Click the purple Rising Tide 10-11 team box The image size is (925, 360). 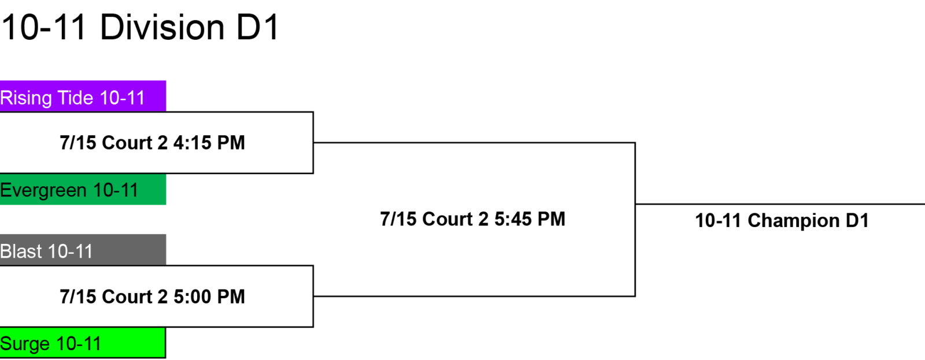tap(83, 96)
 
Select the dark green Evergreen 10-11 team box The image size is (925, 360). tap(83, 189)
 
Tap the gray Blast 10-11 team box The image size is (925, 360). tap(83, 250)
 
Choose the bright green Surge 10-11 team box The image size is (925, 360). tap(83, 343)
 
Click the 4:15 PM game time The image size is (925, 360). tap(209, 143)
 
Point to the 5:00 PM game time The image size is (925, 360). tap(209, 297)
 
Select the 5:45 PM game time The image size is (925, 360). tap(530, 219)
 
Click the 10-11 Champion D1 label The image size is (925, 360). tap(782, 221)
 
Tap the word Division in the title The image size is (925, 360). tap(162, 28)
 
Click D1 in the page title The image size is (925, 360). tap(257, 28)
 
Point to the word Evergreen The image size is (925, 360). tap(43, 191)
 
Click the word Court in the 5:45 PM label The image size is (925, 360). tap(449, 219)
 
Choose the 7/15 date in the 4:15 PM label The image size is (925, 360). tap(78, 143)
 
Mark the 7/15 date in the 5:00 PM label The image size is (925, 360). tap(78, 297)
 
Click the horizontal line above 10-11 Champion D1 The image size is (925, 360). tap(780, 204)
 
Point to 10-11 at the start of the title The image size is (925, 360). tap(44, 28)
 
